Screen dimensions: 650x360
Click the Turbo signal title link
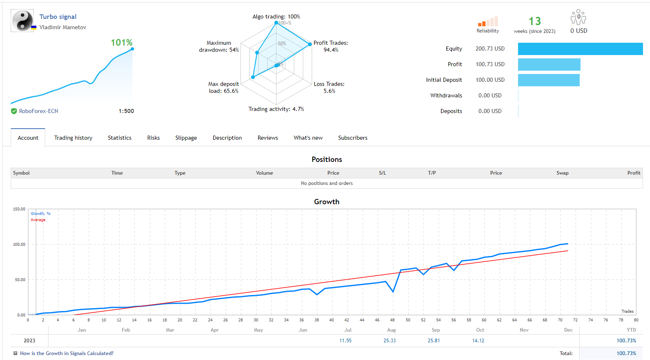(x=58, y=17)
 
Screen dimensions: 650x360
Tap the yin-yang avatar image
(x=22, y=21)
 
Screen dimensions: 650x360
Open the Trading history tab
(x=73, y=138)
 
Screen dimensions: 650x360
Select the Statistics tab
(x=120, y=138)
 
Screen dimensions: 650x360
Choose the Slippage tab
(x=186, y=138)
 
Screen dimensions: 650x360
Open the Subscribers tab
(x=353, y=138)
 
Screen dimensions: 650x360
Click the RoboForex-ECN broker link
(x=39, y=111)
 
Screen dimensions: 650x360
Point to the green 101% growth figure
(x=122, y=43)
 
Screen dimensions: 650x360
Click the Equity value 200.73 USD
(x=490, y=49)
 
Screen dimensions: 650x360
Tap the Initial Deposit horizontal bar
(x=549, y=80)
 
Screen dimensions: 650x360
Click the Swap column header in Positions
(x=562, y=173)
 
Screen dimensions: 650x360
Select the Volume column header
(x=264, y=173)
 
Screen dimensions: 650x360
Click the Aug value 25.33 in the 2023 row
(x=389, y=341)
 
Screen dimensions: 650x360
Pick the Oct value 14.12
(x=478, y=341)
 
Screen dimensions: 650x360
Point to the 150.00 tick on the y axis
(x=19, y=209)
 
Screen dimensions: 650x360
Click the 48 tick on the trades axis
(x=392, y=320)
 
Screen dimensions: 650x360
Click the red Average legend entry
(x=38, y=220)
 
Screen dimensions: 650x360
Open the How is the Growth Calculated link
(x=67, y=353)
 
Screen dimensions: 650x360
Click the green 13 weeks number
(x=534, y=21)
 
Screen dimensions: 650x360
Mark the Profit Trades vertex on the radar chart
(x=310, y=44)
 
